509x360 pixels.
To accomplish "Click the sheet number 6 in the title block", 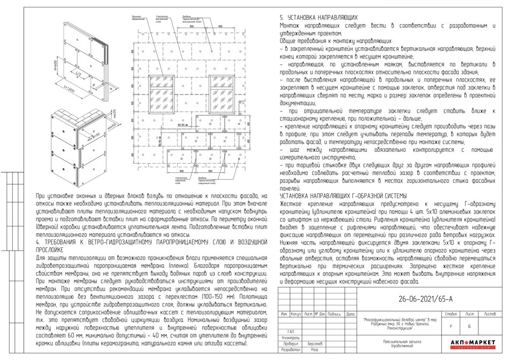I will [x=469, y=326].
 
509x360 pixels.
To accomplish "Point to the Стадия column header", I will [x=451, y=313].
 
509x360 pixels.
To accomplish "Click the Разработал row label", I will [x=291, y=349].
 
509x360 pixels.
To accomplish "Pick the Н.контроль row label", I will [x=291, y=337].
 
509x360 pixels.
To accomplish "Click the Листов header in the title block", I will [x=490, y=313].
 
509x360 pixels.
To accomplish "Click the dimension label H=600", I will [x=57, y=67].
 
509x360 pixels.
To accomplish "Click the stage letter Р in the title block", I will [x=451, y=326].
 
